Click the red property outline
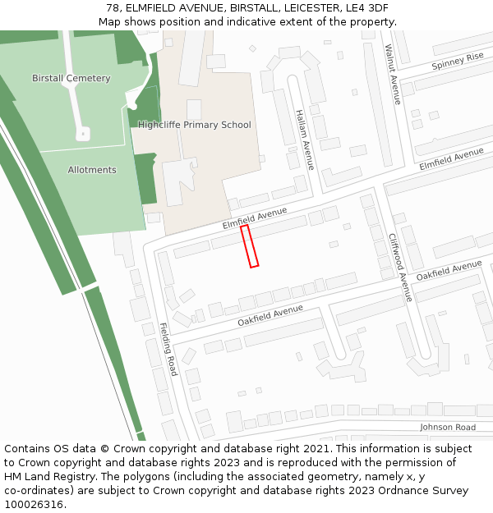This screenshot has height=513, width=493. click(x=250, y=246)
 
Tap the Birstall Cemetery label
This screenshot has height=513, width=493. click(x=71, y=79)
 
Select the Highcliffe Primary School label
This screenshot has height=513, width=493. click(x=195, y=126)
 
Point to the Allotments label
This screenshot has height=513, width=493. click(x=92, y=170)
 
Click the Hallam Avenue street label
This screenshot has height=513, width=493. click(x=305, y=140)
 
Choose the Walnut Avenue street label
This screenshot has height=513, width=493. click(x=394, y=75)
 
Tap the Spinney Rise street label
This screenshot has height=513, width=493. click(x=458, y=60)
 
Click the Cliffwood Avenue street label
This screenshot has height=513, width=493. click(x=400, y=268)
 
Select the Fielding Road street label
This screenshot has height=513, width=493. click(x=168, y=349)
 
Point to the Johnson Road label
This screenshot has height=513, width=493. click(x=448, y=428)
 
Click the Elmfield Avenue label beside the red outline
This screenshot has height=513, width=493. click(x=255, y=218)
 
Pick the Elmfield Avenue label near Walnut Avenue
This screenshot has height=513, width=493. click(x=451, y=159)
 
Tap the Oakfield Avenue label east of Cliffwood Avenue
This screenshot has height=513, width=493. click(x=449, y=270)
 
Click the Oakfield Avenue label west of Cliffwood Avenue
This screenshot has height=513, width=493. click(x=270, y=316)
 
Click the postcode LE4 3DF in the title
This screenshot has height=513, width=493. click(x=367, y=8)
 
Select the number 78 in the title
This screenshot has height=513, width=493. click(x=113, y=8)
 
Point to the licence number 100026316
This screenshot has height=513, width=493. click(x=35, y=504)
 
